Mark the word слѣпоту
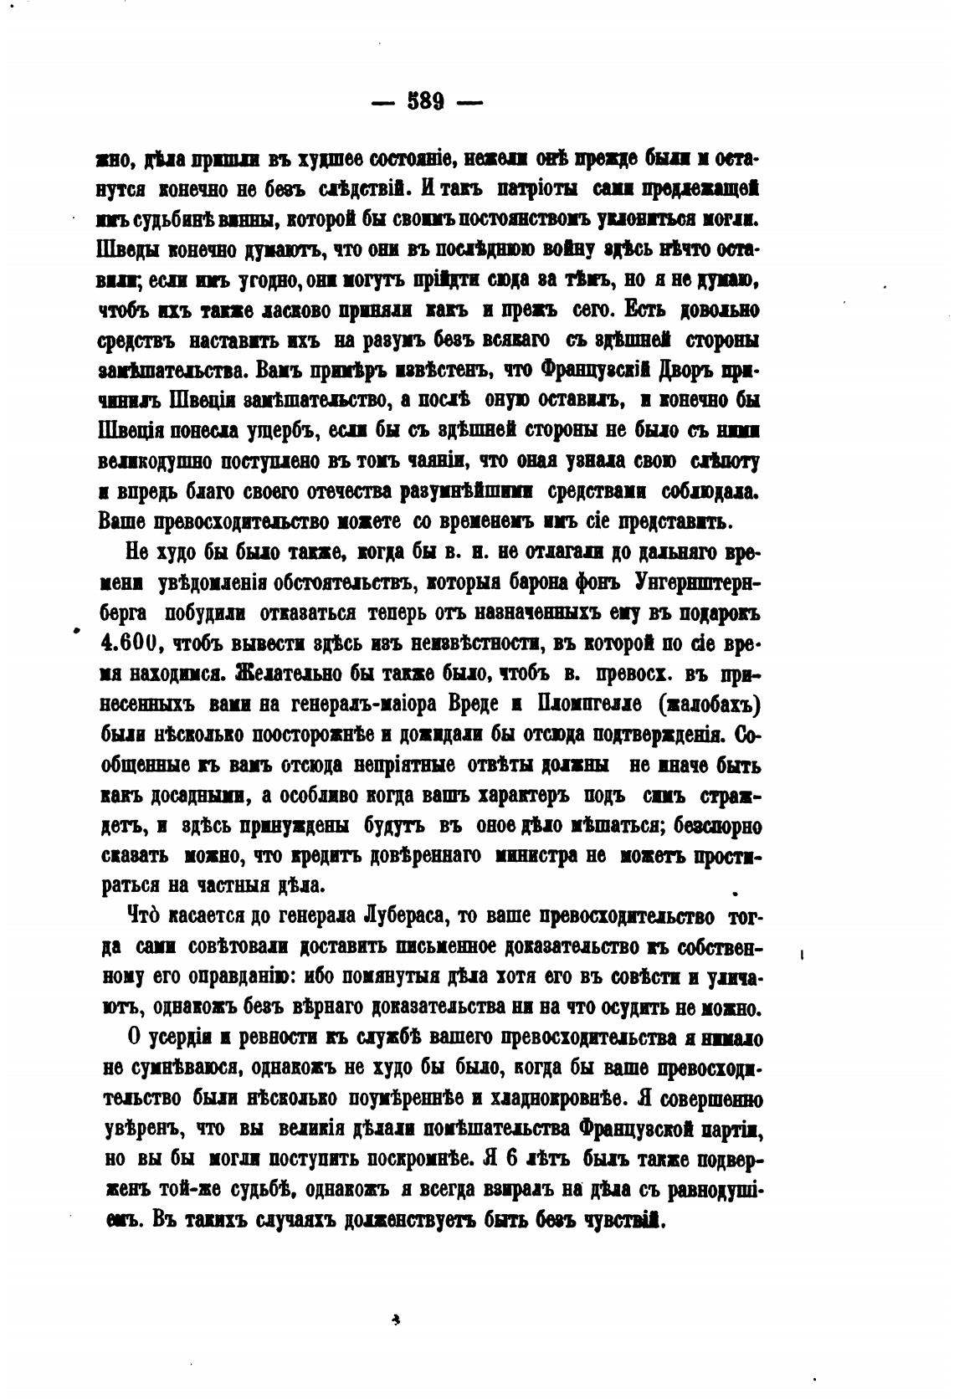723,462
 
